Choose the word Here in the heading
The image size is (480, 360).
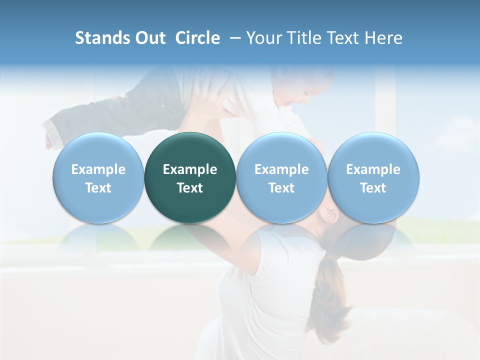point(382,38)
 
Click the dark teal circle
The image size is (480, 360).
point(190,177)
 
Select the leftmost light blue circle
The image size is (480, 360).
point(98,177)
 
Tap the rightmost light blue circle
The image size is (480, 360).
point(373,177)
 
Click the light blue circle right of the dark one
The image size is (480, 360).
point(281,177)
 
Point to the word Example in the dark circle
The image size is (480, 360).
point(190,169)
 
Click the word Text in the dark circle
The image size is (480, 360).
point(190,188)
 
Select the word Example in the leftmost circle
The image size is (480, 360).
point(98,169)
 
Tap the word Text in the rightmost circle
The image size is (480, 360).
point(373,188)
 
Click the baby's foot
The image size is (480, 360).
point(49,140)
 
